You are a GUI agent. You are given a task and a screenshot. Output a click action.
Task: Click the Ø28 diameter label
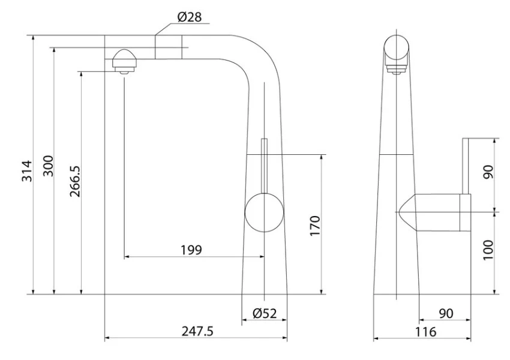tap(190, 17)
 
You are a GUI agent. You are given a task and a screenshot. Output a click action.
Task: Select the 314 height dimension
tap(27, 171)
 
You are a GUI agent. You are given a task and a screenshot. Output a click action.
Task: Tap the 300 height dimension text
tap(48, 166)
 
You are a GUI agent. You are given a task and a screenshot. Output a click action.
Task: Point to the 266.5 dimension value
tap(75, 181)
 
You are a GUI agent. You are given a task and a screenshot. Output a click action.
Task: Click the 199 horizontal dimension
tap(191, 250)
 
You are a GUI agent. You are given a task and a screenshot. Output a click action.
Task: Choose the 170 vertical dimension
tap(315, 226)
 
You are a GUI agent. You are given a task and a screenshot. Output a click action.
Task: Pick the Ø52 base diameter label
tap(265, 313)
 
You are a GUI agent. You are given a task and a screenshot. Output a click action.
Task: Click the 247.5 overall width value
tap(197, 331)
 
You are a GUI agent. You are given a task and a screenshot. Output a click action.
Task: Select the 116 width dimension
tap(425, 332)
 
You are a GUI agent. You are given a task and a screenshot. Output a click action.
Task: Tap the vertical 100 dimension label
tap(488, 250)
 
